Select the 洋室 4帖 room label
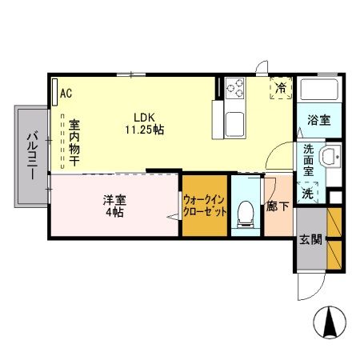[x=113, y=206]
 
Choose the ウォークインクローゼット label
[x=202, y=207]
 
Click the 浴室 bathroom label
[x=318, y=121]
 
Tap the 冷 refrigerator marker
[x=281, y=87]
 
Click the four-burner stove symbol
[x=237, y=88]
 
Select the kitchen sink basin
[x=238, y=125]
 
